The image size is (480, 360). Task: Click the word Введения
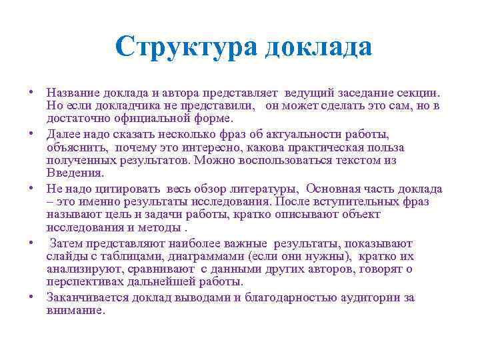click(75, 173)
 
